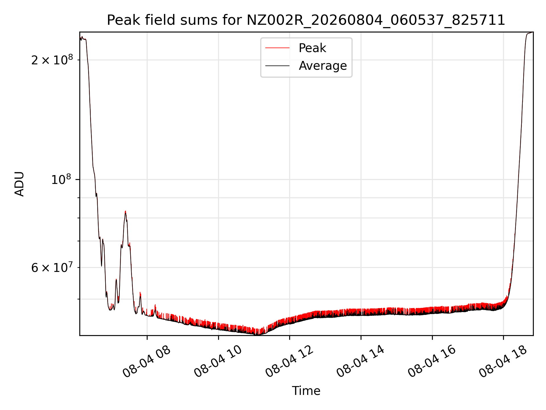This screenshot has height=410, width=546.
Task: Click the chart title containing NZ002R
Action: click(306, 20)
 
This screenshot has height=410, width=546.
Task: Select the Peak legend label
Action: click(312, 48)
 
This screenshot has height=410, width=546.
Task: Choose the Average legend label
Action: click(323, 66)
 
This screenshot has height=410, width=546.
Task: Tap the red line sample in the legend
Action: click(277, 48)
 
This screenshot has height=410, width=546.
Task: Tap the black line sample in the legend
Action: click(277, 66)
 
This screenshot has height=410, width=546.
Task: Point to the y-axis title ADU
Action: click(20, 184)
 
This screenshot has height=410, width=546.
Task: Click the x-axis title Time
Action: click(306, 391)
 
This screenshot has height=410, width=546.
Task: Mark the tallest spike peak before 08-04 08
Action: click(125, 211)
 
